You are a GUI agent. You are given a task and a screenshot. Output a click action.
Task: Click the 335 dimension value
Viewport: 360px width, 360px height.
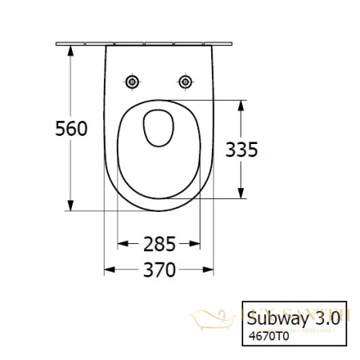(242, 149)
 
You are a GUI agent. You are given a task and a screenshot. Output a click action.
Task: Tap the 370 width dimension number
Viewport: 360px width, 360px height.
(158, 270)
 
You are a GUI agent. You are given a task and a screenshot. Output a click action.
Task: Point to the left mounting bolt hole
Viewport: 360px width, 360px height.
(131, 82)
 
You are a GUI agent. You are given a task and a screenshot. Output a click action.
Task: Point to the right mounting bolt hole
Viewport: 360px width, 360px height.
(185, 82)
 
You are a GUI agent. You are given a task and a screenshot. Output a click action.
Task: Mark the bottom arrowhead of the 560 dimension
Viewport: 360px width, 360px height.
(73, 206)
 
